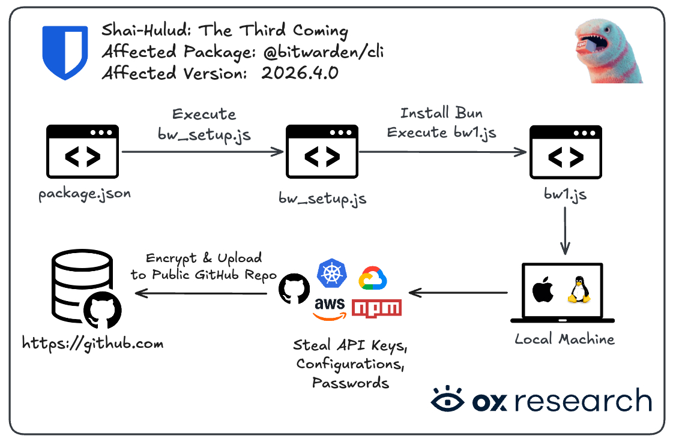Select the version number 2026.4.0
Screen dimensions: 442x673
(300, 74)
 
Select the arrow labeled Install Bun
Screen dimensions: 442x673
(442, 152)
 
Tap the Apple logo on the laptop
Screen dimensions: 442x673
(542, 290)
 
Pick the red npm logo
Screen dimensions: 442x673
(376, 308)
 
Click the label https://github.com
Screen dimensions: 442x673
(93, 344)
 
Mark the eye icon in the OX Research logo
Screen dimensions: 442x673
(447, 400)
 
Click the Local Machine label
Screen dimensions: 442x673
(564, 339)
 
